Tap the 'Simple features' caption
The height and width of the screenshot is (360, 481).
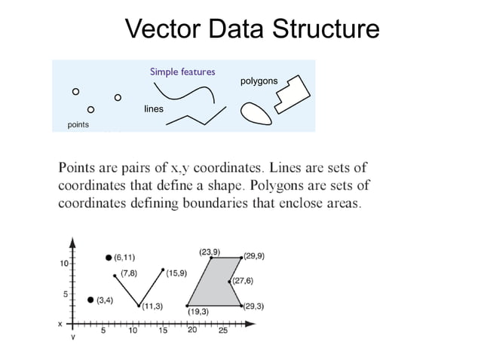182,72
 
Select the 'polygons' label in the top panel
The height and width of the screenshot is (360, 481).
259,81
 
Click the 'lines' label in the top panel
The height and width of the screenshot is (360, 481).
154,110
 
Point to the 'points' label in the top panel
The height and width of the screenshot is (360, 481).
78,124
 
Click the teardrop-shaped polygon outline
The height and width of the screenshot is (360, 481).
256,112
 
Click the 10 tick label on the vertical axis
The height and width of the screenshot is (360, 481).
65,264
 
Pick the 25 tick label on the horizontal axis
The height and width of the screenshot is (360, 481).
223,330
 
